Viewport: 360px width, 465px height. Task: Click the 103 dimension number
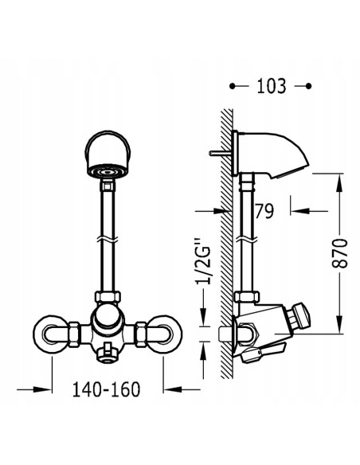(x=271, y=86)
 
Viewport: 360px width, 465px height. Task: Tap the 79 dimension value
(x=264, y=211)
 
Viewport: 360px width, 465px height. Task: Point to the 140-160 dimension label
(x=106, y=389)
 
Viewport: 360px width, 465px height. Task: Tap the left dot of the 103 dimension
(x=233, y=86)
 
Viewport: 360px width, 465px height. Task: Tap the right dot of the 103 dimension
(x=308, y=86)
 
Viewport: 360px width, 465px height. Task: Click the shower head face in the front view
(x=107, y=172)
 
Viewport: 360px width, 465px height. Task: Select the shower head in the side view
(x=272, y=154)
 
